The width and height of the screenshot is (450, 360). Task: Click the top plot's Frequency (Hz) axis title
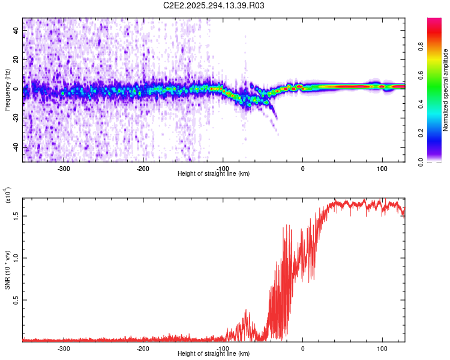(8, 90)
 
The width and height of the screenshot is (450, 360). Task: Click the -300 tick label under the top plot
(64, 169)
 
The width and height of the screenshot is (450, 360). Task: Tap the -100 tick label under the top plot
(223, 169)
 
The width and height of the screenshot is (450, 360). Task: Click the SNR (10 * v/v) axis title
(8, 270)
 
